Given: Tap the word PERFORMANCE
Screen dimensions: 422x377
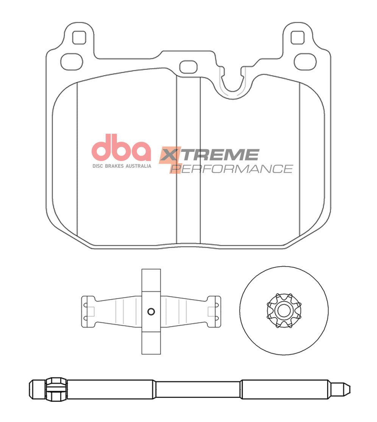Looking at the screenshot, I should coord(232,168).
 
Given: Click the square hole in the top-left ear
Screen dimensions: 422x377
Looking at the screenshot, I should coord(79,37).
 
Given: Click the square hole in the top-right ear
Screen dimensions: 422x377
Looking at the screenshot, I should coord(298,37).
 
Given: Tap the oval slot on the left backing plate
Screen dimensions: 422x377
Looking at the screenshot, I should coord(72,61).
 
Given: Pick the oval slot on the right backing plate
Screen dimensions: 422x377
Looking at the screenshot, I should coord(305,61).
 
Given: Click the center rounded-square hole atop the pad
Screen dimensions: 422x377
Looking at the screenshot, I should coord(188,67).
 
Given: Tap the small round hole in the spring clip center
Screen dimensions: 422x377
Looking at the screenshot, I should coord(151,311).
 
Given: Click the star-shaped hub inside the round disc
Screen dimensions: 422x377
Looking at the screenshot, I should coord(284,311).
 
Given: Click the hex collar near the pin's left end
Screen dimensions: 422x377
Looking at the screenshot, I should coord(56,389).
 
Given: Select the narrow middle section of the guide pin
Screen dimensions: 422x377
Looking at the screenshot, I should coord(198,389).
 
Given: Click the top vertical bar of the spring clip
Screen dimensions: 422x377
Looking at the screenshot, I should coord(151,280).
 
